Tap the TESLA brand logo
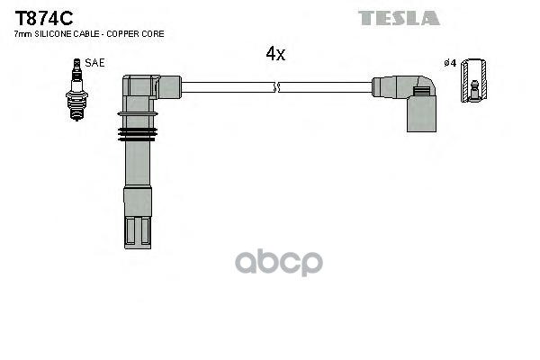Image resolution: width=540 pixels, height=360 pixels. [x=399, y=18]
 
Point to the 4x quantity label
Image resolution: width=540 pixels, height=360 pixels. [x=275, y=54]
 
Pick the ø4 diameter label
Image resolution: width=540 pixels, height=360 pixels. [x=450, y=63]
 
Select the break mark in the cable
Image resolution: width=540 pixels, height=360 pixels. [x=275, y=87]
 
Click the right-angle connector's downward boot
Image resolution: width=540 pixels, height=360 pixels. [x=420, y=114]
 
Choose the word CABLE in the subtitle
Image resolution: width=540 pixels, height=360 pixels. [x=86, y=33]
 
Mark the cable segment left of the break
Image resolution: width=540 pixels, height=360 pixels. [x=225, y=87]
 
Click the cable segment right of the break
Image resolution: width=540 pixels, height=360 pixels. [x=324, y=87]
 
